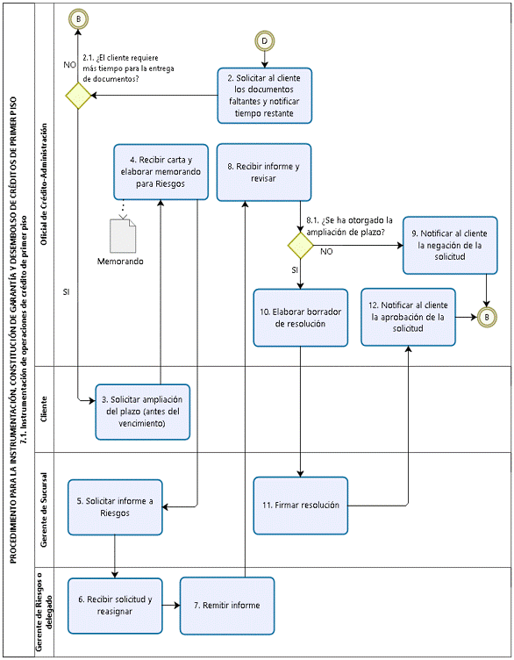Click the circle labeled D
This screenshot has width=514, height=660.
(265, 41)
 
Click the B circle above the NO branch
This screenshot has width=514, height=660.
(78, 19)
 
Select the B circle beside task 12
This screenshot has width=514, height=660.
(487, 317)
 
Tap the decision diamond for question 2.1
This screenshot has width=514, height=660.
(78, 96)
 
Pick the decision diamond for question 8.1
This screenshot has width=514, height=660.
(300, 246)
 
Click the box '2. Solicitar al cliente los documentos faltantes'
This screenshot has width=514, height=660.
(265, 96)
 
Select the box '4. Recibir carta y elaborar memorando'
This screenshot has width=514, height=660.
(161, 172)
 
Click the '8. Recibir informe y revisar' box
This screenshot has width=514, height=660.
(264, 172)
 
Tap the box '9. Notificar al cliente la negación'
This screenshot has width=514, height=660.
(450, 246)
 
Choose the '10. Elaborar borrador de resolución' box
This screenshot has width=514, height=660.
(301, 318)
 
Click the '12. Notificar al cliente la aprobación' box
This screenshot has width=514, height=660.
(409, 317)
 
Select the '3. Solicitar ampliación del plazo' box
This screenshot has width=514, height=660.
(143, 412)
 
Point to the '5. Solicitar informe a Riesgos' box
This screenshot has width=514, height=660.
(115, 507)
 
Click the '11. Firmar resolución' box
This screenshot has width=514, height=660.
(301, 506)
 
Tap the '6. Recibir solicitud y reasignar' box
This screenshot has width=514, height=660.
(115, 606)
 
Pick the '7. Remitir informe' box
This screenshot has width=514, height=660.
(227, 606)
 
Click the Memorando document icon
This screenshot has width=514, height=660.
(123, 236)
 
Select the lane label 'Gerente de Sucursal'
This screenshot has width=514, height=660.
(44, 510)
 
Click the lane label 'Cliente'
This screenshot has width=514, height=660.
(44, 409)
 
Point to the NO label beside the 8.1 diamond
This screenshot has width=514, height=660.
(326, 251)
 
